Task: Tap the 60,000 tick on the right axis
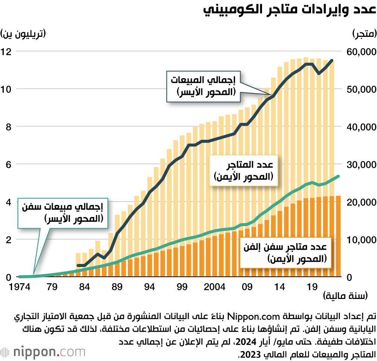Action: coord(361,52)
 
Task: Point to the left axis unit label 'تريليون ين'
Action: coord(23,34)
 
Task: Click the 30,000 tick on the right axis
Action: coord(361,165)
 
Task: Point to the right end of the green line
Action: coord(338,176)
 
